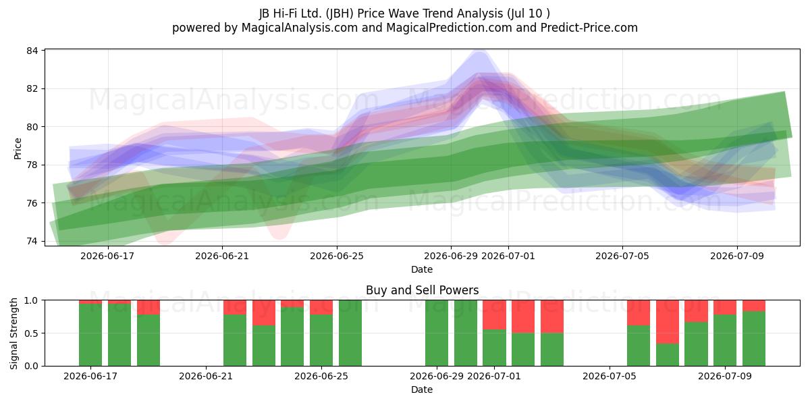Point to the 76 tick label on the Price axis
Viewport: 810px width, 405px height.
click(32, 203)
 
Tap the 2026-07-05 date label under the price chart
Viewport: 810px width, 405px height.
click(622, 256)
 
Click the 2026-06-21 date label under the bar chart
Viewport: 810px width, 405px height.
click(206, 376)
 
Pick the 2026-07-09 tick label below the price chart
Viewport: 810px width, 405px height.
click(737, 256)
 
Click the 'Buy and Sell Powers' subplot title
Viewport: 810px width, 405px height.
click(422, 290)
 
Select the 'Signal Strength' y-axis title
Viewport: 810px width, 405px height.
click(13, 333)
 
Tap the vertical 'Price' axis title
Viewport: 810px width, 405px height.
click(18, 148)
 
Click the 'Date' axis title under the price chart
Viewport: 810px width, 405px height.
click(422, 269)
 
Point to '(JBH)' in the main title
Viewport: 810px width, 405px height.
click(340, 13)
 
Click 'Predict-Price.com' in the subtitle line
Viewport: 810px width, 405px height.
click(589, 28)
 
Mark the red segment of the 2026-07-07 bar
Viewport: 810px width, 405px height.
click(667, 322)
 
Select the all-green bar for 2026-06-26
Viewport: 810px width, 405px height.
click(350, 333)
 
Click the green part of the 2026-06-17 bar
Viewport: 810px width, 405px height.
click(90, 335)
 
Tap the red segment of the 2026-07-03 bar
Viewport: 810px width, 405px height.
click(552, 317)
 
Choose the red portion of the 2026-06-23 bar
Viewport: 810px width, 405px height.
click(264, 313)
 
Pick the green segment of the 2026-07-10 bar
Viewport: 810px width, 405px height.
click(753, 338)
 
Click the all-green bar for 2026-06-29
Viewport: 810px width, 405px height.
click(437, 333)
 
